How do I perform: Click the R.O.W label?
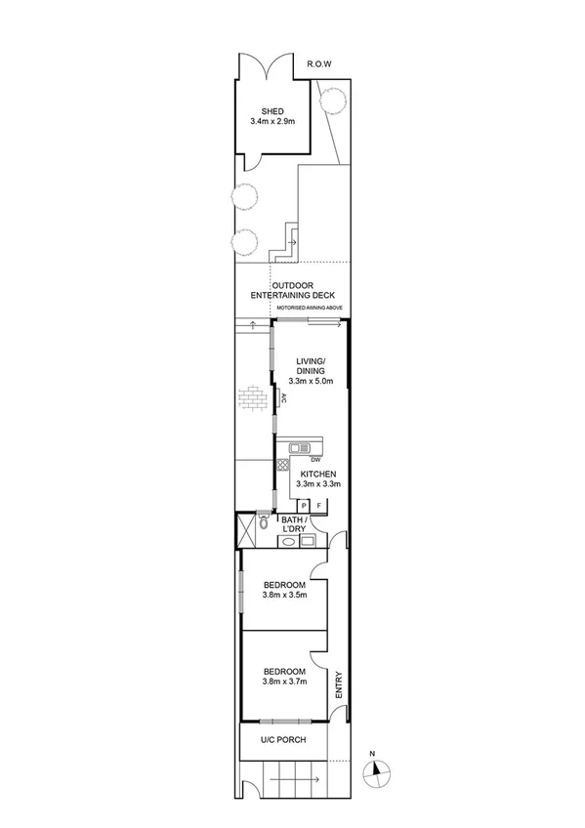pos(319,64)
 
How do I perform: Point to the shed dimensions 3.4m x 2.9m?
pos(272,122)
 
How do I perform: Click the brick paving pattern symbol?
pos(252,401)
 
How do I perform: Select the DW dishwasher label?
pos(316,461)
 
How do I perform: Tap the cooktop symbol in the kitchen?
pos(284,465)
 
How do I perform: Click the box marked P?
pos(304,505)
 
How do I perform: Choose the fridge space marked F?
pos(319,505)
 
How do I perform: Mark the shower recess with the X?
pos(243,532)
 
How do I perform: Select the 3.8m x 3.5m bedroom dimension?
pos(284,595)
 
